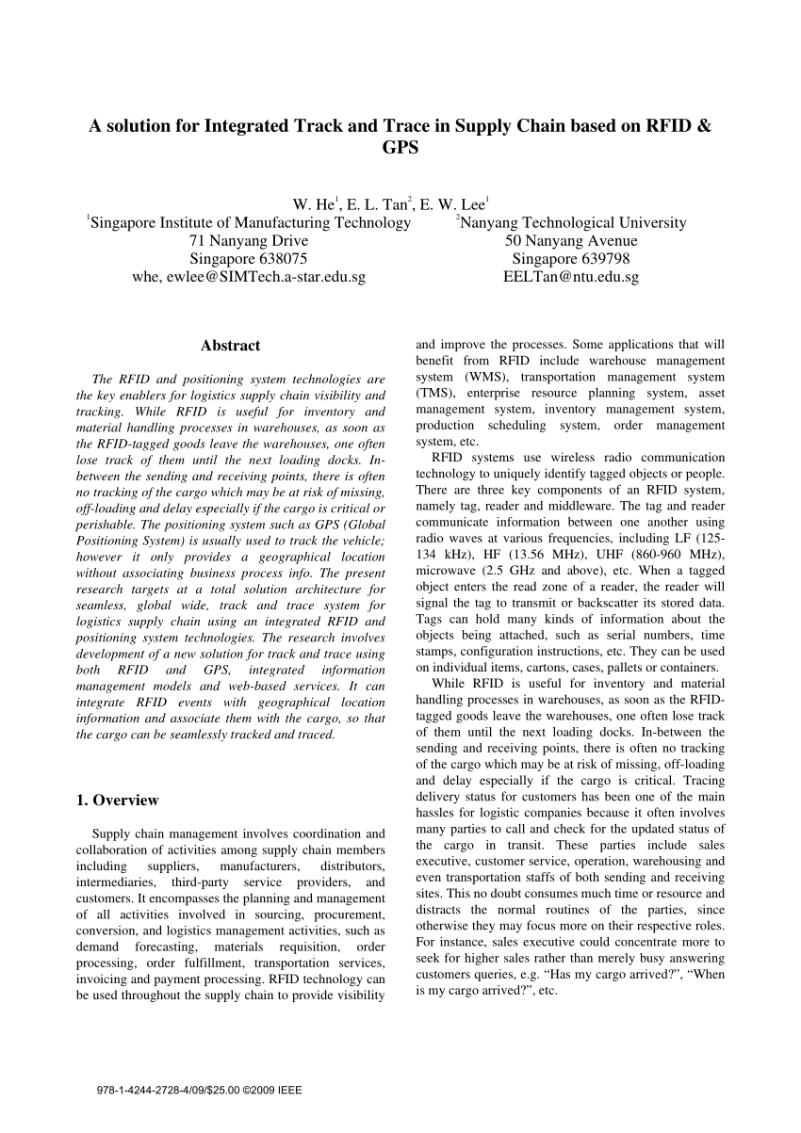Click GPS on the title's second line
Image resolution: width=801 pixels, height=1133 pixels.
[x=400, y=148]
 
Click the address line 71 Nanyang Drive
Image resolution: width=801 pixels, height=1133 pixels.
[x=249, y=241]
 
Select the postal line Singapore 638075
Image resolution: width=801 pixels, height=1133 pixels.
[x=249, y=259]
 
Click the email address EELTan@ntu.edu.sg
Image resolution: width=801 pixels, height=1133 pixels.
[x=572, y=278]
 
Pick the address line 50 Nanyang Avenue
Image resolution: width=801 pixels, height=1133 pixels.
[x=572, y=241]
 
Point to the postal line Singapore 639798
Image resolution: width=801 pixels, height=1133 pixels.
[x=572, y=259]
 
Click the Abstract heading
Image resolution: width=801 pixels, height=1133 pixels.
[x=230, y=346]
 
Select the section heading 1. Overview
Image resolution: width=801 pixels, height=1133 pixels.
[x=117, y=801]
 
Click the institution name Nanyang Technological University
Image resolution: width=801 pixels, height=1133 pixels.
[x=572, y=223]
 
